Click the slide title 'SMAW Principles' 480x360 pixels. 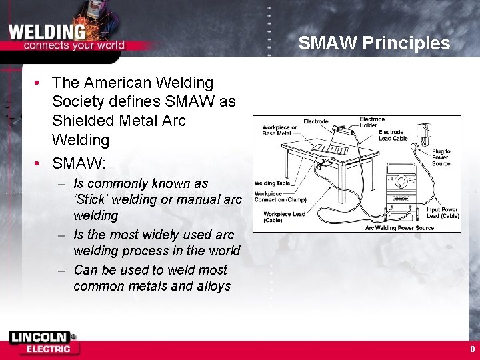[374, 44]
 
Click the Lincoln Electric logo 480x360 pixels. [43, 343]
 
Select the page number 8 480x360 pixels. [472, 349]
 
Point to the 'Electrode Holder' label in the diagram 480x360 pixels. [372, 123]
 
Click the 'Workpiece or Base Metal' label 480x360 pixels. [279, 130]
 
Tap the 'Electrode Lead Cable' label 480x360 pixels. [393, 135]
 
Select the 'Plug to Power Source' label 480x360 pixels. [441, 157]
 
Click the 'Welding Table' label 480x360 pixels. [273, 183]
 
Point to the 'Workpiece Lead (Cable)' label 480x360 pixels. [284, 217]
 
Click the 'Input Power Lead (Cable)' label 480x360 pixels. [443, 213]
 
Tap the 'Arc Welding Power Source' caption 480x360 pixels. [399, 228]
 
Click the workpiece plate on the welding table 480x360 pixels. [327, 148]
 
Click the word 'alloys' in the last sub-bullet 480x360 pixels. [213, 286]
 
